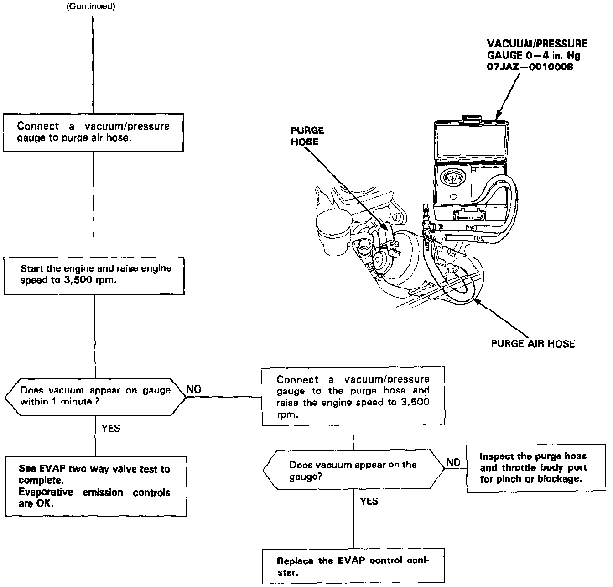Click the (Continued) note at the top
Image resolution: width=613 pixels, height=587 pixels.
pos(91,7)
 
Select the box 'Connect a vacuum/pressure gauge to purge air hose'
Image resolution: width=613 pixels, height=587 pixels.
pos(93,132)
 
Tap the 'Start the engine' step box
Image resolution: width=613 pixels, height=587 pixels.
pos(94,275)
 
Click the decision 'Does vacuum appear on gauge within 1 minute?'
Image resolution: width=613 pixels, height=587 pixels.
pos(95,396)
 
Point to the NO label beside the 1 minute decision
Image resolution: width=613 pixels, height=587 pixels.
pos(194,389)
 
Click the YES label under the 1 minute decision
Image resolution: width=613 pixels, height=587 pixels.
pos(111,428)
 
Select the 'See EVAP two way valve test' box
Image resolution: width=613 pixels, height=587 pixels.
pos(96,486)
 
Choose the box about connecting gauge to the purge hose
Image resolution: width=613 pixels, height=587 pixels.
pos(353,397)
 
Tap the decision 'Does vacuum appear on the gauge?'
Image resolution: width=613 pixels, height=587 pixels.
pos(353,470)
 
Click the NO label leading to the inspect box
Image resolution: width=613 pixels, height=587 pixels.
pos(453,462)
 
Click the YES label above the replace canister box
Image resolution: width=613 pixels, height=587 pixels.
pos(369,501)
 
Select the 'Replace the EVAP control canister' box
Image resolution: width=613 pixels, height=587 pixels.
pos(353,566)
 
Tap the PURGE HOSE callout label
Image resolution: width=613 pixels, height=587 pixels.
pos(307,136)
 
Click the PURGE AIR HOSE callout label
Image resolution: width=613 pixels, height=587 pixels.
pos(533,344)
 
